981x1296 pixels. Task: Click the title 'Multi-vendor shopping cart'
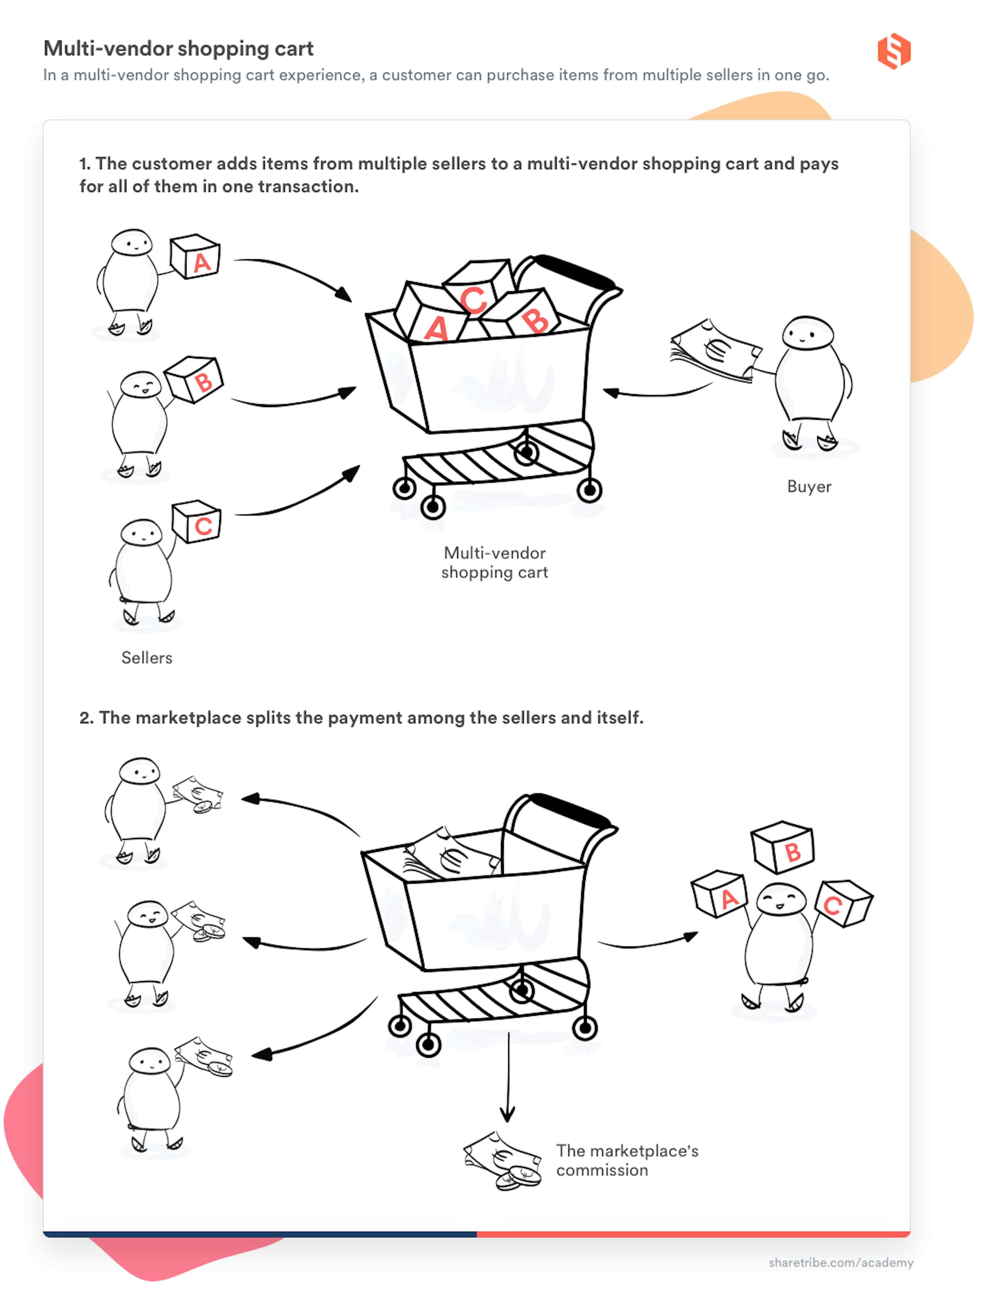click(179, 49)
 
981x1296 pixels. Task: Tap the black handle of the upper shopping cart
click(574, 271)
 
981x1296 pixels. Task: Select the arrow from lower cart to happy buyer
click(648, 942)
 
